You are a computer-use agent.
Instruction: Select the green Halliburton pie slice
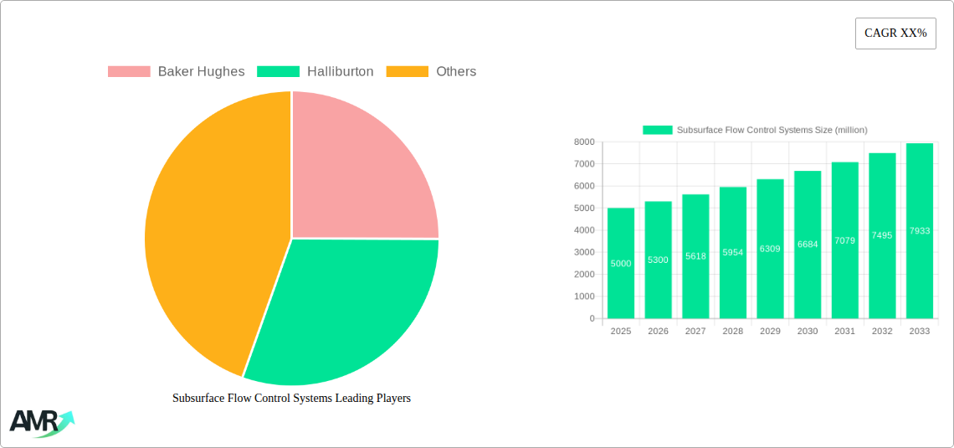coord(343,310)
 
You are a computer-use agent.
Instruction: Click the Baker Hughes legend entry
coord(177,72)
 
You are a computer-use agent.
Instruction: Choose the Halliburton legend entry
coord(315,72)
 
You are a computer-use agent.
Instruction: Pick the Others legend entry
coord(431,72)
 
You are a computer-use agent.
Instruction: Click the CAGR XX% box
coord(895,33)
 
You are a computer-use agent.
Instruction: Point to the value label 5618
coord(695,256)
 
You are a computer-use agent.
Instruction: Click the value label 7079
coord(844,240)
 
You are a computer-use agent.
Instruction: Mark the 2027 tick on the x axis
coord(695,332)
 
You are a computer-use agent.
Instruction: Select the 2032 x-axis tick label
coord(882,332)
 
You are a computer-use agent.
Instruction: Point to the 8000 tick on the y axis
coord(583,142)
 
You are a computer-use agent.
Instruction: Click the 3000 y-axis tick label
coord(583,252)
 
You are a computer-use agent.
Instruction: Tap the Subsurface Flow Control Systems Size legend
coord(755,130)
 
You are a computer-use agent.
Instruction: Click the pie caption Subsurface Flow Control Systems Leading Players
coord(291,399)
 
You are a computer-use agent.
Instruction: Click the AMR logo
coord(40,423)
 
